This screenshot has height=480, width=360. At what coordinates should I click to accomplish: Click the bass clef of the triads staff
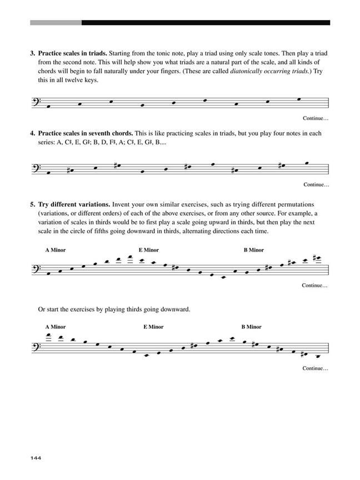coord(35,103)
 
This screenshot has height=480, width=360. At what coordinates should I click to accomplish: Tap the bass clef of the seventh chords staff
coord(35,168)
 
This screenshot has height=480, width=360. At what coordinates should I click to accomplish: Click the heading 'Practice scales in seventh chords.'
coord(85,133)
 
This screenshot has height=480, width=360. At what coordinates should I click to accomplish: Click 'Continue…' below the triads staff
coord(316,118)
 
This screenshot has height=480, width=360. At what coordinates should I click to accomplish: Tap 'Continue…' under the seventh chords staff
coord(316,184)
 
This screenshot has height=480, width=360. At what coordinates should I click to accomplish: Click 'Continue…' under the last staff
coord(315,368)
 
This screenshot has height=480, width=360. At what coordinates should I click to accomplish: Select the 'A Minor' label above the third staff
coord(56,250)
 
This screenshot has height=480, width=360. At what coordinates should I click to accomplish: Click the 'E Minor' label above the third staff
coord(149,250)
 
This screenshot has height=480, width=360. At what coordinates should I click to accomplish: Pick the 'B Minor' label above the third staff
coord(253,250)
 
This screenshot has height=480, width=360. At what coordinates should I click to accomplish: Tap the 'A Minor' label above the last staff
coord(56,327)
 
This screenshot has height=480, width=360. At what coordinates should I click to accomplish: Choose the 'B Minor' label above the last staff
coord(251,327)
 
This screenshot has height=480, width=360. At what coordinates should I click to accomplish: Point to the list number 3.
coord(32,53)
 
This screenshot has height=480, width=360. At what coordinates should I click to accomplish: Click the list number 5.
coord(32,204)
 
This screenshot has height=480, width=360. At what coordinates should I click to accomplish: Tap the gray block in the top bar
coord(56,23)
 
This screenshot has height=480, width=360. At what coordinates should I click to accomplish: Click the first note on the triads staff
coord(48,106)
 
